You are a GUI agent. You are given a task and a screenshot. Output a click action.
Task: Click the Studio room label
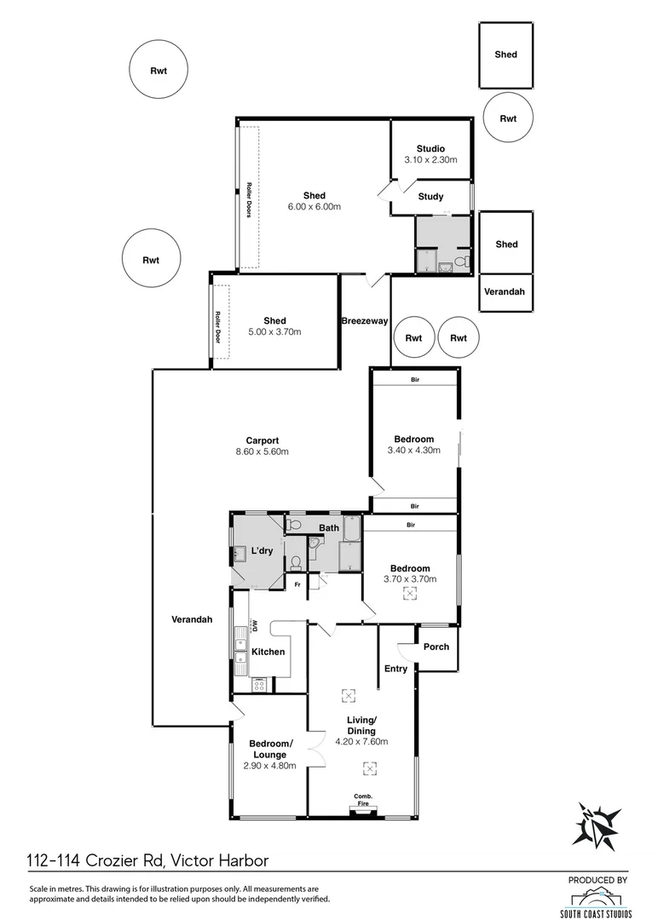coord(430,149)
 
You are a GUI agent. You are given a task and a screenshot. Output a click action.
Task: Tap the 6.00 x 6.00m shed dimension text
coord(314,207)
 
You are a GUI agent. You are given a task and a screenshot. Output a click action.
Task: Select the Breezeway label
coord(365,321)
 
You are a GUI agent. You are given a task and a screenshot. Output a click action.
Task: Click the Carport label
coord(263,440)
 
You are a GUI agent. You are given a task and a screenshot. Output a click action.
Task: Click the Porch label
coord(436,647)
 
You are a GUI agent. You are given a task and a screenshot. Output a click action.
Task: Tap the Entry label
coord(395,669)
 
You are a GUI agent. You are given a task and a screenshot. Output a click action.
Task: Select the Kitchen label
coord(268,652)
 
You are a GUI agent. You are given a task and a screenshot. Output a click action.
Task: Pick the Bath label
coord(329,528)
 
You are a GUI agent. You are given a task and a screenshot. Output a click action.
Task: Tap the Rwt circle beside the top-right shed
coord(508,118)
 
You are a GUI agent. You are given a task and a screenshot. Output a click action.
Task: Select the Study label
coord(430,197)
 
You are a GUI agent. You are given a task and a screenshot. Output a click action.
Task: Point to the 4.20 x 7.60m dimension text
coord(368,742)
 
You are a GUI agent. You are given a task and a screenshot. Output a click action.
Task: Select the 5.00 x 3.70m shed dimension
coord(274,332)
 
